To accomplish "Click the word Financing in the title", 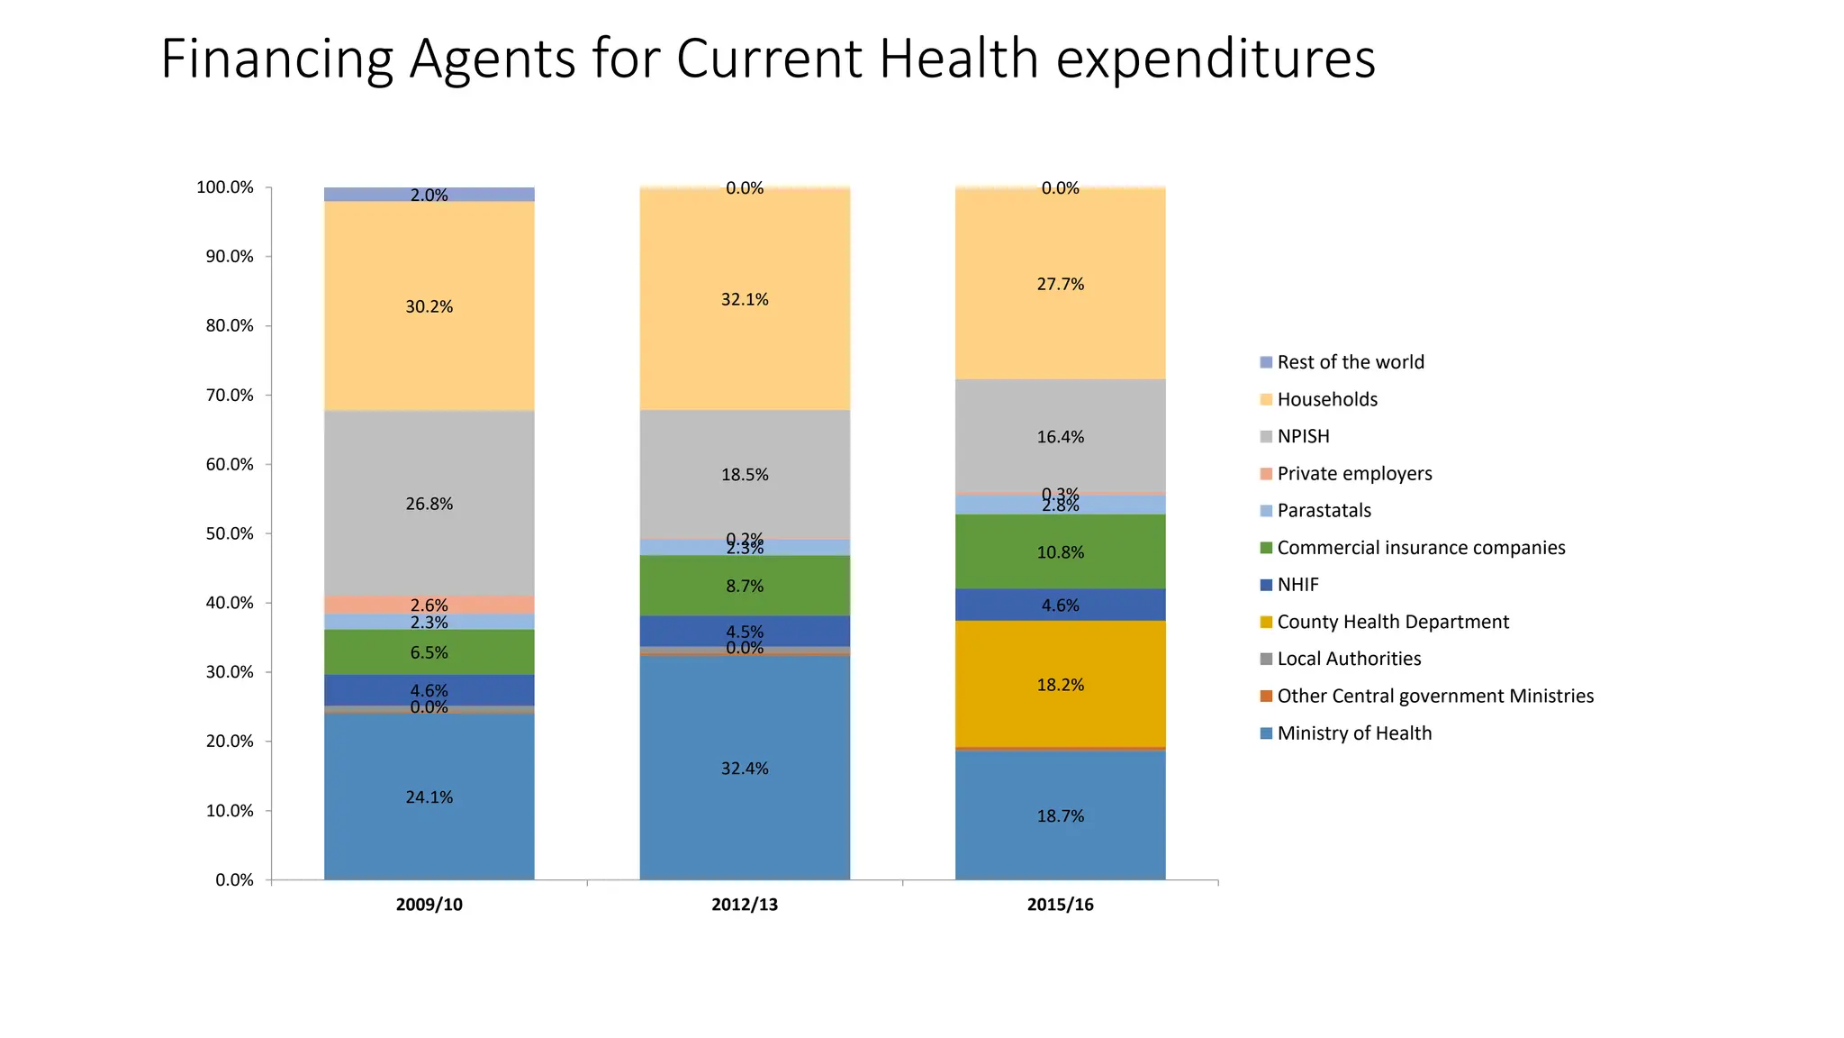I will (276, 59).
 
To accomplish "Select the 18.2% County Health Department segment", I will (1060, 685).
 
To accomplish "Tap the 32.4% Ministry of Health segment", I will (745, 769).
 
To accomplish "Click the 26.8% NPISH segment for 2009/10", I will (429, 504).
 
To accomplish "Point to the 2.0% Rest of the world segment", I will (429, 195).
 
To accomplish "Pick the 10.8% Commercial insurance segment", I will (1060, 552).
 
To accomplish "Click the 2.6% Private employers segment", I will (429, 605).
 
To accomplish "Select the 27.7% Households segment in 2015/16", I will (1060, 284).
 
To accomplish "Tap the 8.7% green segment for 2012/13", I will (745, 586).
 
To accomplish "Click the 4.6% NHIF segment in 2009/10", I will (429, 690).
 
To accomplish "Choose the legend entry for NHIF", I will (1297, 585).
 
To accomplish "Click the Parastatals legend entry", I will (1324, 511).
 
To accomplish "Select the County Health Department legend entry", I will (1392, 622).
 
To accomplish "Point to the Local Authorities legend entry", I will (1348, 659).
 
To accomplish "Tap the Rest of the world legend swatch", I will (1266, 362).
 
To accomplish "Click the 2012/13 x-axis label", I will (745, 905).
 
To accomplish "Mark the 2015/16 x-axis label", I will (1060, 905).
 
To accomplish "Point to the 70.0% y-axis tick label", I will (230, 396).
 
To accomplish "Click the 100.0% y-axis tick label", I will (225, 187).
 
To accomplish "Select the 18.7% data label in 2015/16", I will (1060, 816).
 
